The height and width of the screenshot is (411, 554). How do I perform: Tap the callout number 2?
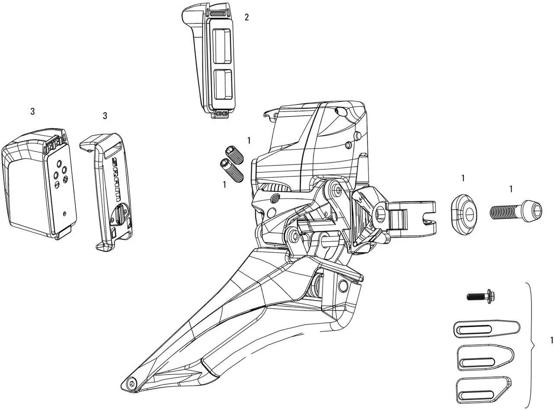pos(247,17)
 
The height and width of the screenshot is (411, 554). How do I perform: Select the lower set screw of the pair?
pos(231,171)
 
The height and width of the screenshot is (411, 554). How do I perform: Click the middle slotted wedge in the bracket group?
pos(485,358)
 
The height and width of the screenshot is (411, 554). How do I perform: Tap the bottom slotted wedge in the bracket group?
pos(483,389)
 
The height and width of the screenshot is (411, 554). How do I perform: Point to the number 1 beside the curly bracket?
pos(551,340)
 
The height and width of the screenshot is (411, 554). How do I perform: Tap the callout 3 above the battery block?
pos(32,111)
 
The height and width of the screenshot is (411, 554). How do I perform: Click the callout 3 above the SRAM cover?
pos(105,116)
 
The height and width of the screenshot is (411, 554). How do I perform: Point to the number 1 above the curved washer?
pos(463,178)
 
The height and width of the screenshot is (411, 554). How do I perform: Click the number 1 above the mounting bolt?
pos(511,189)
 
